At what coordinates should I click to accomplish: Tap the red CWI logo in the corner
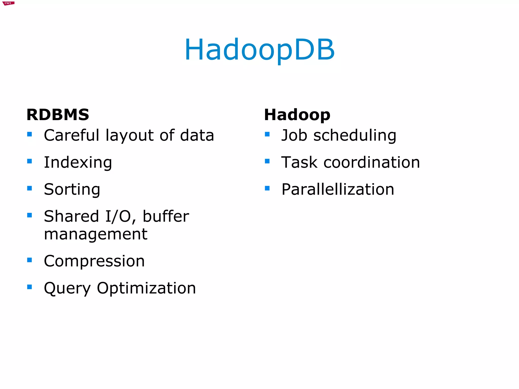tap(8, 3)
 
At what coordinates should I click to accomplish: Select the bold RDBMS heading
tap(58, 115)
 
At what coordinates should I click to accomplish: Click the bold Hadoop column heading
tap(297, 115)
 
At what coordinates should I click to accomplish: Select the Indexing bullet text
tap(78, 162)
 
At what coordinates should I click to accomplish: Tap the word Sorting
tap(72, 190)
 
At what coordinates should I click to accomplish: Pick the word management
tap(96, 234)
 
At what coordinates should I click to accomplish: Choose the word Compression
tap(94, 261)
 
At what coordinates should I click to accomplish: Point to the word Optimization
tap(146, 288)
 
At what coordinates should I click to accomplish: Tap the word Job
tap(294, 135)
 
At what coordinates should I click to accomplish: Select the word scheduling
tap(355, 136)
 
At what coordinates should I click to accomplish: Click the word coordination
tap(372, 162)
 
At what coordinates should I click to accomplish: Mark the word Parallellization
tap(338, 189)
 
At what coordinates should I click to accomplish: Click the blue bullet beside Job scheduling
tap(267, 134)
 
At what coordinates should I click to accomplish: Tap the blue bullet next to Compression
tap(30, 260)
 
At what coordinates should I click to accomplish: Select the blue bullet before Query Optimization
tap(30, 287)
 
